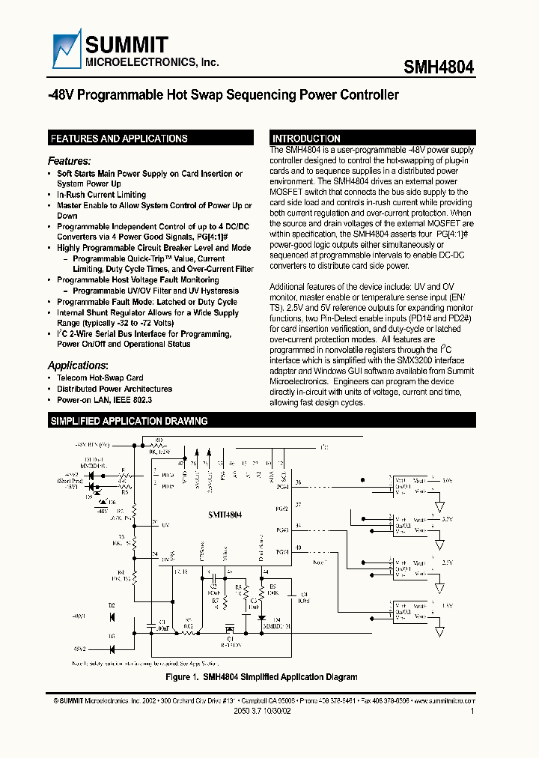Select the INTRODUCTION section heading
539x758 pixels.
[306, 139]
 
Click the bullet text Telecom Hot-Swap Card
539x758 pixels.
[100, 378]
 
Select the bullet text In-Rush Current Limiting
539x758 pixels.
[101, 195]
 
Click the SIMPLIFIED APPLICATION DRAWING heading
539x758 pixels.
[128, 422]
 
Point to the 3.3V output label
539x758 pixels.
[447, 518]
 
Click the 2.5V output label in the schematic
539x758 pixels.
[447, 561]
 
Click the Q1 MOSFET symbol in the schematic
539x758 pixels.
[230, 629]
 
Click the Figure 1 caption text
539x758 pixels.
[261, 677]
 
